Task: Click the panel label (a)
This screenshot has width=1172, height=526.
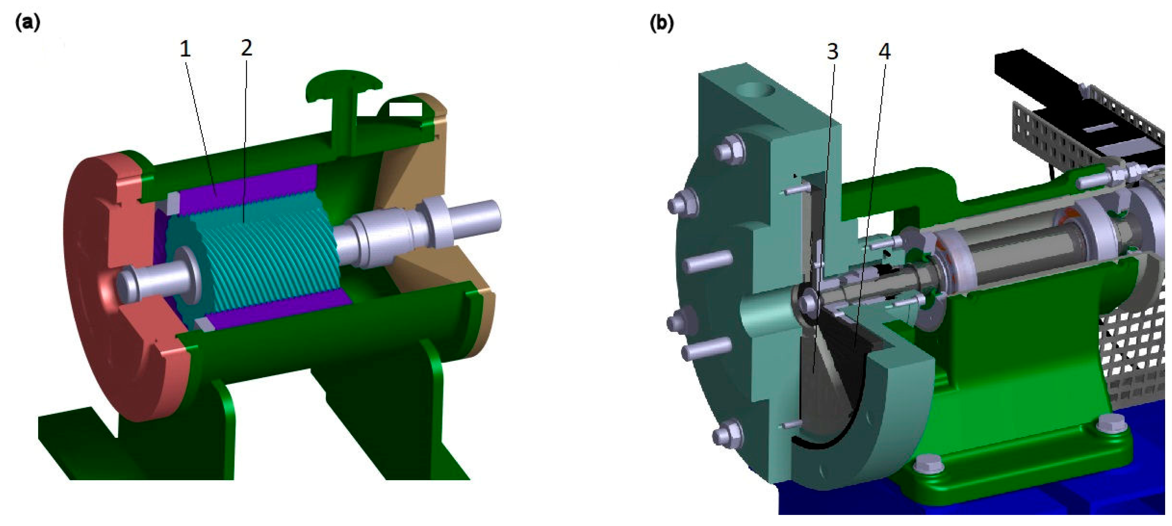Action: point(27,22)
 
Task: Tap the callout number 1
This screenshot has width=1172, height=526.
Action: point(185,49)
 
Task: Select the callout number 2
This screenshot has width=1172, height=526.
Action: point(246,47)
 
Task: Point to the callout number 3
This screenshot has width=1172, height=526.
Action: point(833,52)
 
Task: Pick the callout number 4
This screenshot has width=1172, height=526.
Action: point(884,52)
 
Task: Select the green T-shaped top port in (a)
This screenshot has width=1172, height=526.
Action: point(344,98)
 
